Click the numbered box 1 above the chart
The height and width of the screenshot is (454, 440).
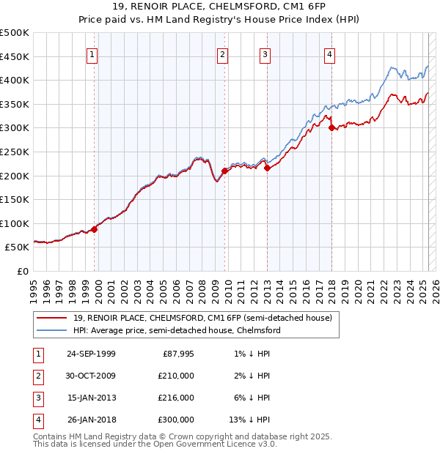click(x=92, y=53)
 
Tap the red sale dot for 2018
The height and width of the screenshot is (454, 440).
click(x=332, y=127)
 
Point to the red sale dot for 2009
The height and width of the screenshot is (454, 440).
click(x=225, y=170)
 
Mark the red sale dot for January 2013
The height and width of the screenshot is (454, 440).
click(x=267, y=168)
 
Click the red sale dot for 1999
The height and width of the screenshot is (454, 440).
click(x=95, y=229)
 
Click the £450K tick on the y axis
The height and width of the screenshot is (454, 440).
click(x=15, y=56)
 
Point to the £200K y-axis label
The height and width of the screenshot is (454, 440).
click(x=15, y=176)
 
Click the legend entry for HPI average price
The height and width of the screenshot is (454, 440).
click(x=177, y=330)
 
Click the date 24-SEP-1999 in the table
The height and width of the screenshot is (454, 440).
click(x=91, y=354)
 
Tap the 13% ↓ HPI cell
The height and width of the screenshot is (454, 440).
click(x=249, y=420)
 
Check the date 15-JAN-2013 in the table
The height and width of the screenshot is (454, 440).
click(x=91, y=398)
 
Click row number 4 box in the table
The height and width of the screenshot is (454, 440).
click(x=37, y=420)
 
